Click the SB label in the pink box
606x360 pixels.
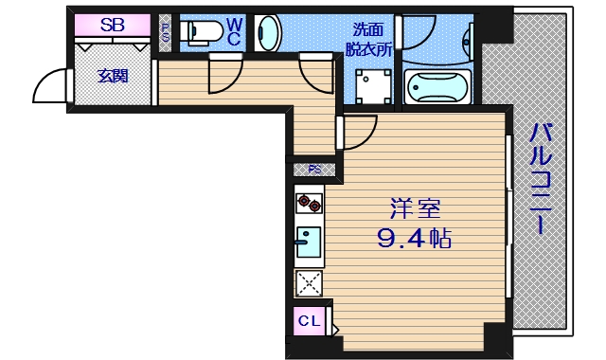tap(112, 26)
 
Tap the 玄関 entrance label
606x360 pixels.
tap(113, 77)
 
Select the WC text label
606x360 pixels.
tap(234, 31)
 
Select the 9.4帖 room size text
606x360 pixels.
tap(414, 238)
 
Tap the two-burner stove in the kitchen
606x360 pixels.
tap(309, 202)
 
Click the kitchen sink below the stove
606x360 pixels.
tap(309, 242)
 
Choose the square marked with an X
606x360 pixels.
tap(309, 283)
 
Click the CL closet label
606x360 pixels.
tap(310, 321)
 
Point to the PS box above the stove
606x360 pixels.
tap(314, 170)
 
